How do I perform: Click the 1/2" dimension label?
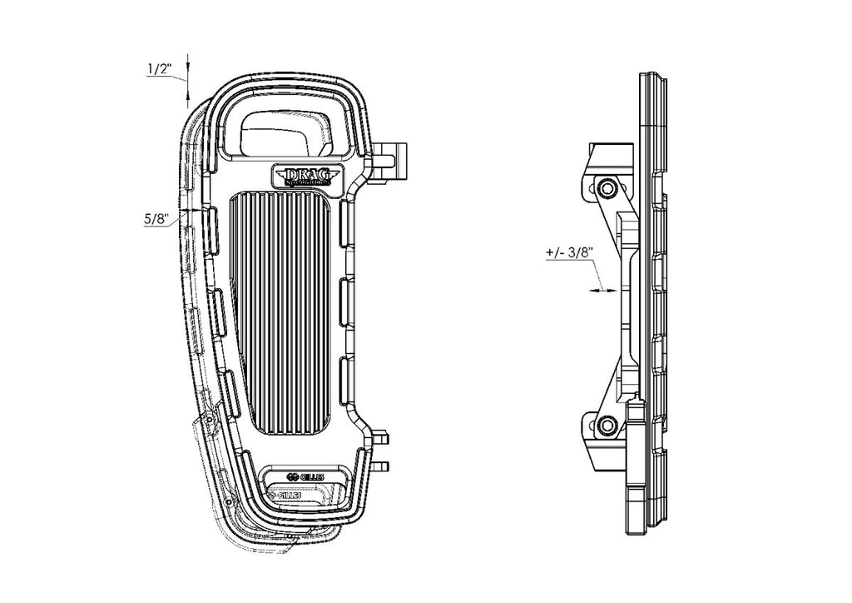[x=159, y=69]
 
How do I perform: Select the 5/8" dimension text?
[x=156, y=219]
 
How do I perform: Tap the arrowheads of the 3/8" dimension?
[x=604, y=290]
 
